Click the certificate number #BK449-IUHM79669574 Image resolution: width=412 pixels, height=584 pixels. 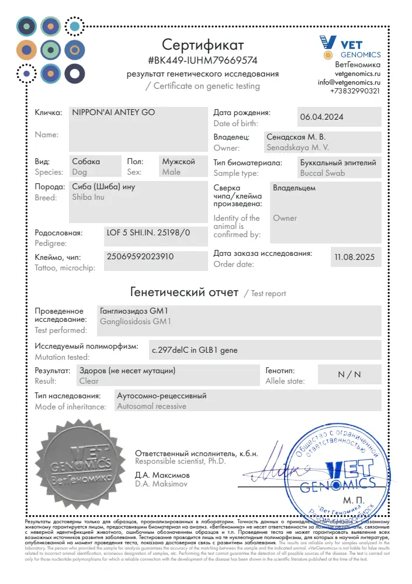point(203,60)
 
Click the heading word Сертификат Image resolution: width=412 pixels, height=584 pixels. point(203,44)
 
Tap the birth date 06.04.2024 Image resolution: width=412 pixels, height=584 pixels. point(321,117)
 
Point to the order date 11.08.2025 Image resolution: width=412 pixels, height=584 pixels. point(354,256)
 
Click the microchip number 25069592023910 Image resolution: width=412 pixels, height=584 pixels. point(141,256)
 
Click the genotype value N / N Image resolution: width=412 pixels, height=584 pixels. point(349,375)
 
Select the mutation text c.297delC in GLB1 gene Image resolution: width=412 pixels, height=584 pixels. point(195,350)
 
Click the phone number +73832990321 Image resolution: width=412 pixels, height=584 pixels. point(355,91)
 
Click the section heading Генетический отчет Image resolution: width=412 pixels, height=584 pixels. point(184,292)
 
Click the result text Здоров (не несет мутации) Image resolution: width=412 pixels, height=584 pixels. point(127,370)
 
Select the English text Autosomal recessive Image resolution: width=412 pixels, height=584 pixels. point(152,406)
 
